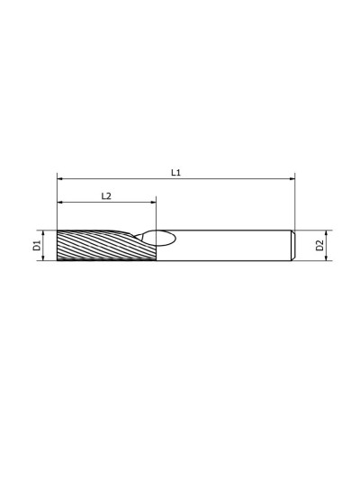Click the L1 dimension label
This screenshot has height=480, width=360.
[x=175, y=173]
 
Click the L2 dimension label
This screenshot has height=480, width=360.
[x=106, y=196]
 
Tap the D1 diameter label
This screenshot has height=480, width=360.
[x=37, y=246]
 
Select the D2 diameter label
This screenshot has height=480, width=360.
[x=319, y=246]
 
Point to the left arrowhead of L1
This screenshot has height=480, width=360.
[x=59, y=178]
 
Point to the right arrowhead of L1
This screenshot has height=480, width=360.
[x=292, y=178]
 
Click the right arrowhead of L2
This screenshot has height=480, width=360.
[x=154, y=202]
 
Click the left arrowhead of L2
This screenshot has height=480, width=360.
[x=59, y=202]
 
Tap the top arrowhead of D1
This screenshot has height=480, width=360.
[x=43, y=232]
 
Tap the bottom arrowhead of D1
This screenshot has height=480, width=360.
[x=43, y=258]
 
